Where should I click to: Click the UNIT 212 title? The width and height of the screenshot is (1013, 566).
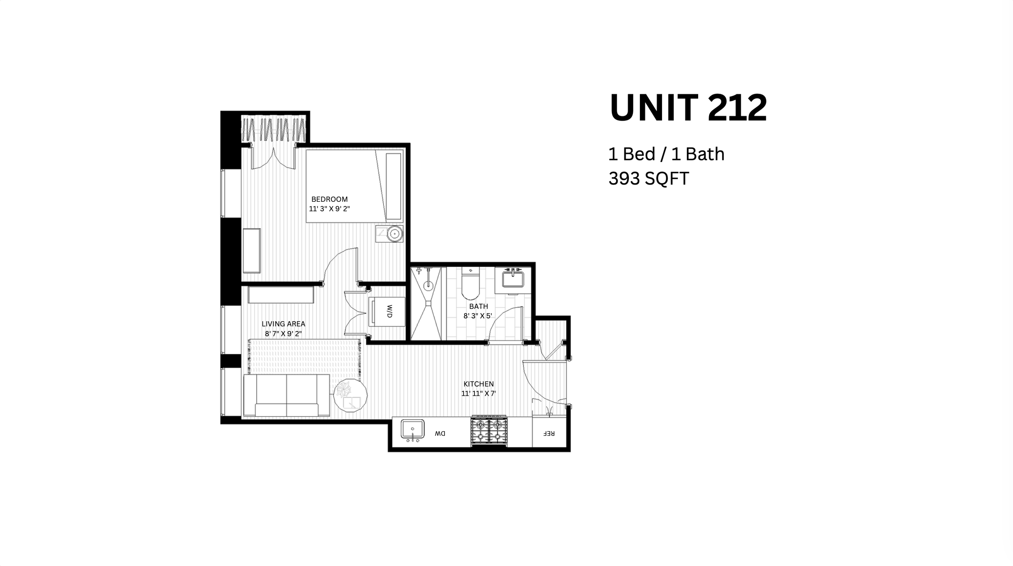click(x=688, y=108)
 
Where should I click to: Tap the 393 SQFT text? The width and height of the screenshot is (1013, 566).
click(x=648, y=179)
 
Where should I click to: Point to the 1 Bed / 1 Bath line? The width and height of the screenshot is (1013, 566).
click(x=666, y=154)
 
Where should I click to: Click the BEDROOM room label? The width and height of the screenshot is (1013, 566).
click(x=329, y=199)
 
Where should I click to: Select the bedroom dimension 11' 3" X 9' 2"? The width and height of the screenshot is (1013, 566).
click(x=329, y=209)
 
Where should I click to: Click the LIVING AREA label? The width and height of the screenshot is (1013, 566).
click(x=283, y=324)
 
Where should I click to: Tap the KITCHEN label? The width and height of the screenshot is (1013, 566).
click(x=479, y=384)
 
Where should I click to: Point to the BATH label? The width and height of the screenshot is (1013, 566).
click(x=479, y=306)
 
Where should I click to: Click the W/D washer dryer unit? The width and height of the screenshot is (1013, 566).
click(x=387, y=311)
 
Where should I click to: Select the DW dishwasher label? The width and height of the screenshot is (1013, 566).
click(x=440, y=434)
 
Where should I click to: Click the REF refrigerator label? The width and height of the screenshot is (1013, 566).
click(x=549, y=434)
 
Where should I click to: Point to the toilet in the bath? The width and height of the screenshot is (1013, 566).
click(x=470, y=283)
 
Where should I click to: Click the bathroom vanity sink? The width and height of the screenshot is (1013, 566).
click(x=513, y=279)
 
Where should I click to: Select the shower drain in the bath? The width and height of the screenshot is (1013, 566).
click(x=428, y=286)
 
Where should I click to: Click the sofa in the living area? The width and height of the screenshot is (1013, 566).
click(x=286, y=395)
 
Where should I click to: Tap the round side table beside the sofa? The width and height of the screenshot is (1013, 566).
click(x=350, y=395)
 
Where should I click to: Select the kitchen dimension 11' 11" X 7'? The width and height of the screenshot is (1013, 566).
click(x=479, y=393)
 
